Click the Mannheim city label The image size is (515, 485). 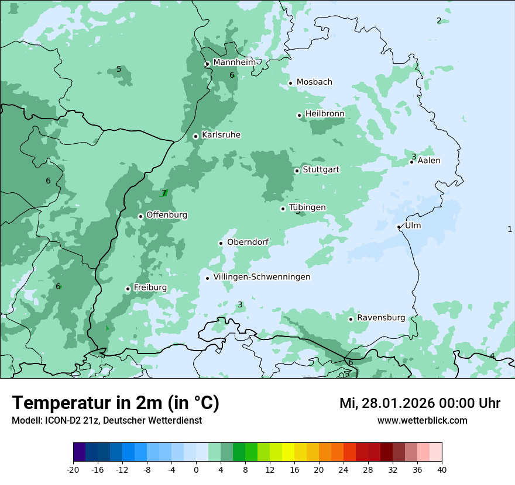tap(234, 63)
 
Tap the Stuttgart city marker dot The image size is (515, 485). tap(297, 171)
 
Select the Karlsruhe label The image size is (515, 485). tap(221, 135)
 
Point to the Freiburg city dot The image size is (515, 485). tap(128, 289)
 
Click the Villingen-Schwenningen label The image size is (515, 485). tap(262, 277)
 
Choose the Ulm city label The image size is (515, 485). tap(413, 226)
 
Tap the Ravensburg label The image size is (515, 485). tap(380, 318)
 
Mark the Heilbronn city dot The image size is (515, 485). tap(299, 115)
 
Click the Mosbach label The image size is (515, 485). tap(314, 82)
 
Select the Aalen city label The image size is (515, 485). tap(428, 161)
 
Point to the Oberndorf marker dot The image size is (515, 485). tap(221, 243)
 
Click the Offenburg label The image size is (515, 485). tap(167, 215)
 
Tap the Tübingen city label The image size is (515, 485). tap(307, 207)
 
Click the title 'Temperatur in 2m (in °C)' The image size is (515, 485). tap(115, 403)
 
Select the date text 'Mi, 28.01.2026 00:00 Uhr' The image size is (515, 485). tap(420, 403)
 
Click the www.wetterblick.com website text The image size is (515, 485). tap(422, 420)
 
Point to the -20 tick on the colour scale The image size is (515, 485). tap(73, 469)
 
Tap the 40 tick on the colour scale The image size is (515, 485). tap(441, 469)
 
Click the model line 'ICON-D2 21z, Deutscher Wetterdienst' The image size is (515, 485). tap(107, 420)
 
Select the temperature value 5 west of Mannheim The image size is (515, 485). tap(119, 70)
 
